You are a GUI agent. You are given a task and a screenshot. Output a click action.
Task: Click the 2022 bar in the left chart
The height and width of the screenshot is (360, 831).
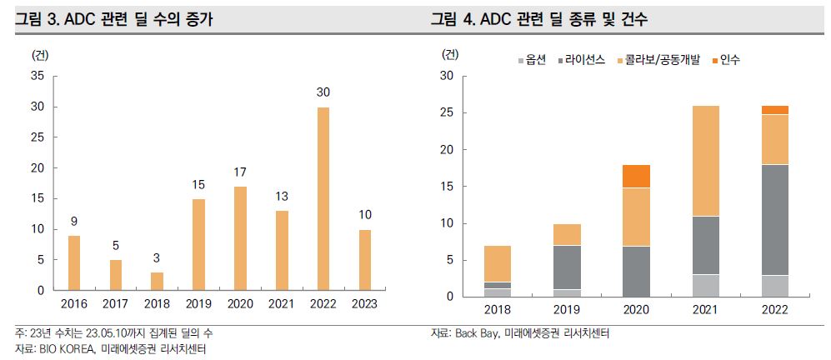(323, 199)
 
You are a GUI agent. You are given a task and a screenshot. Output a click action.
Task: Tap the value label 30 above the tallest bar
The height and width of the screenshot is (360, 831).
(323, 92)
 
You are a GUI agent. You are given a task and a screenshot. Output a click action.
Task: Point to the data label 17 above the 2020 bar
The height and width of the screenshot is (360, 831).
(240, 172)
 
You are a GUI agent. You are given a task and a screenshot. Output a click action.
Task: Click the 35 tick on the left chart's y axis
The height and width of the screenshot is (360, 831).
(38, 76)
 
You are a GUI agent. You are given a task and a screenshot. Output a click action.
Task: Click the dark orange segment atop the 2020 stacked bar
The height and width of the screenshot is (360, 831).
(637, 176)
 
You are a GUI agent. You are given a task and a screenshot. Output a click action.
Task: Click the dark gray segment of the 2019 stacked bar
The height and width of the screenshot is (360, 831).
(568, 267)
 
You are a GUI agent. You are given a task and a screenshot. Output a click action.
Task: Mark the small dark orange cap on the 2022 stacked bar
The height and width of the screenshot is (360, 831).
(775, 110)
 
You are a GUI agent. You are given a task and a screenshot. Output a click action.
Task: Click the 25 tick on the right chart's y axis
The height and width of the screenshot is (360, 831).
(447, 113)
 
